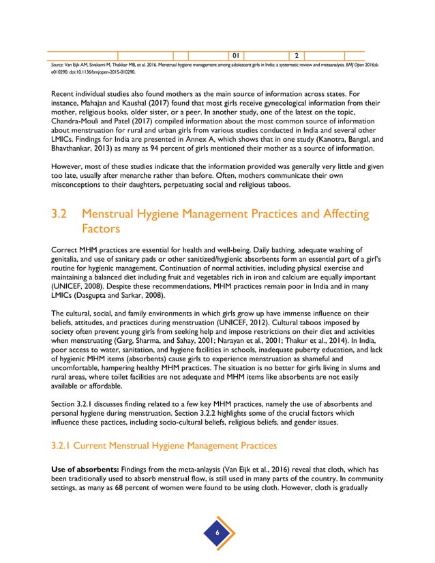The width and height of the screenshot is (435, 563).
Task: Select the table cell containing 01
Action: [x=234, y=55]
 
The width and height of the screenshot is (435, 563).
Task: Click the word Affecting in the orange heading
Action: [x=338, y=215]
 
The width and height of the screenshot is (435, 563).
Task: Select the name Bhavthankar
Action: [x=82, y=147]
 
